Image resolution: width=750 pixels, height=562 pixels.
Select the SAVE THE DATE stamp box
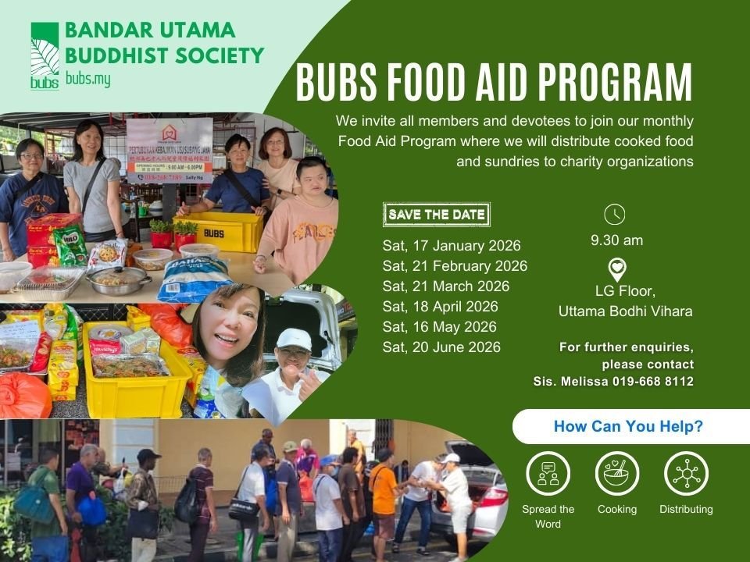pos(437,215)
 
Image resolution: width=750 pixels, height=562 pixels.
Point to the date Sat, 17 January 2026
pos(452,246)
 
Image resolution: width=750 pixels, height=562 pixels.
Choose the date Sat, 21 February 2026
pos(455,266)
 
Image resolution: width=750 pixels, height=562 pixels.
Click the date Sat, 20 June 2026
pos(441,347)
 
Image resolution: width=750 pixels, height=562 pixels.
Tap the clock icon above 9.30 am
pos(616,215)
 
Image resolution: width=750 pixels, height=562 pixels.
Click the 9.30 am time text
pos(616,240)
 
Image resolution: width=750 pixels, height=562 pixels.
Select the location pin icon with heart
pos(617,269)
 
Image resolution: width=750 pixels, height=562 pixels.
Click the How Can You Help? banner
pos(627,427)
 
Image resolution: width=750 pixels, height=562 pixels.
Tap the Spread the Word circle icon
pos(548,474)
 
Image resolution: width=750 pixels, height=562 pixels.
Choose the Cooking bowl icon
pos(617,474)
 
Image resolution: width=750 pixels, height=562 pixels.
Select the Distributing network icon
pos(686,474)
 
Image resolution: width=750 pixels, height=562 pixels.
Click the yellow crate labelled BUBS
pos(220,231)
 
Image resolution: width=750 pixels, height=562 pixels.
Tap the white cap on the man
pos(294,338)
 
